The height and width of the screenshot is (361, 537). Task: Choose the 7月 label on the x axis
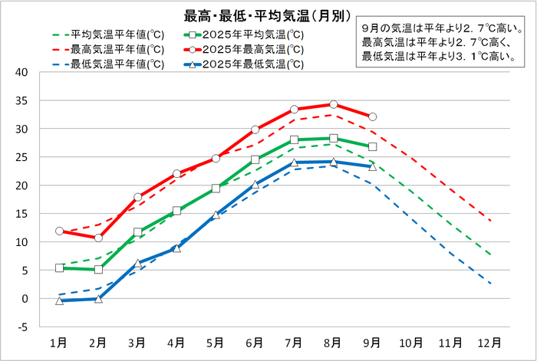pyautogui.click(x=294, y=342)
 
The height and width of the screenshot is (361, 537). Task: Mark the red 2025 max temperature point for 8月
pyautogui.click(x=333, y=104)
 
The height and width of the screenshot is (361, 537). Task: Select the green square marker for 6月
pyautogui.click(x=255, y=160)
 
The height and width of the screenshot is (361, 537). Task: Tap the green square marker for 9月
pyautogui.click(x=372, y=146)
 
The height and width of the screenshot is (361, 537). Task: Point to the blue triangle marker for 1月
pyautogui.click(x=59, y=300)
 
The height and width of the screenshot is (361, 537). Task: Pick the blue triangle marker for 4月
pyautogui.click(x=176, y=248)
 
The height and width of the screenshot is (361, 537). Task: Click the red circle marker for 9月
pyautogui.click(x=372, y=117)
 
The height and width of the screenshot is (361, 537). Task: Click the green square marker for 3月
pyautogui.click(x=137, y=232)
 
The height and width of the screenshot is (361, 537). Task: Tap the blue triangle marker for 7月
pyautogui.click(x=294, y=162)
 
